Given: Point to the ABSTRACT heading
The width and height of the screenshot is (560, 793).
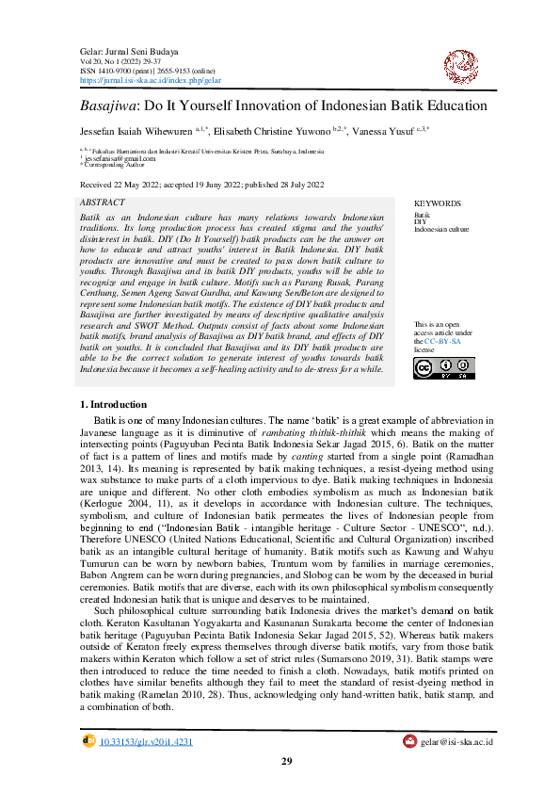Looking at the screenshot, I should click(x=103, y=202).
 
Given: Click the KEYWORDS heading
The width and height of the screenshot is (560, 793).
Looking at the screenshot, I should click(x=438, y=203).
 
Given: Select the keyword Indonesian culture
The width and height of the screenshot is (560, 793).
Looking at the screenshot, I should click(x=441, y=229).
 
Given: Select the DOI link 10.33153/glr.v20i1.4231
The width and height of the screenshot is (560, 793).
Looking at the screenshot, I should click(x=146, y=742).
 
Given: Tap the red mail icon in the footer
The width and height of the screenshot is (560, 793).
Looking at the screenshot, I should click(x=410, y=742).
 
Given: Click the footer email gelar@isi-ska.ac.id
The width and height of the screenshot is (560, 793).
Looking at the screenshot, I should click(x=457, y=742).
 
